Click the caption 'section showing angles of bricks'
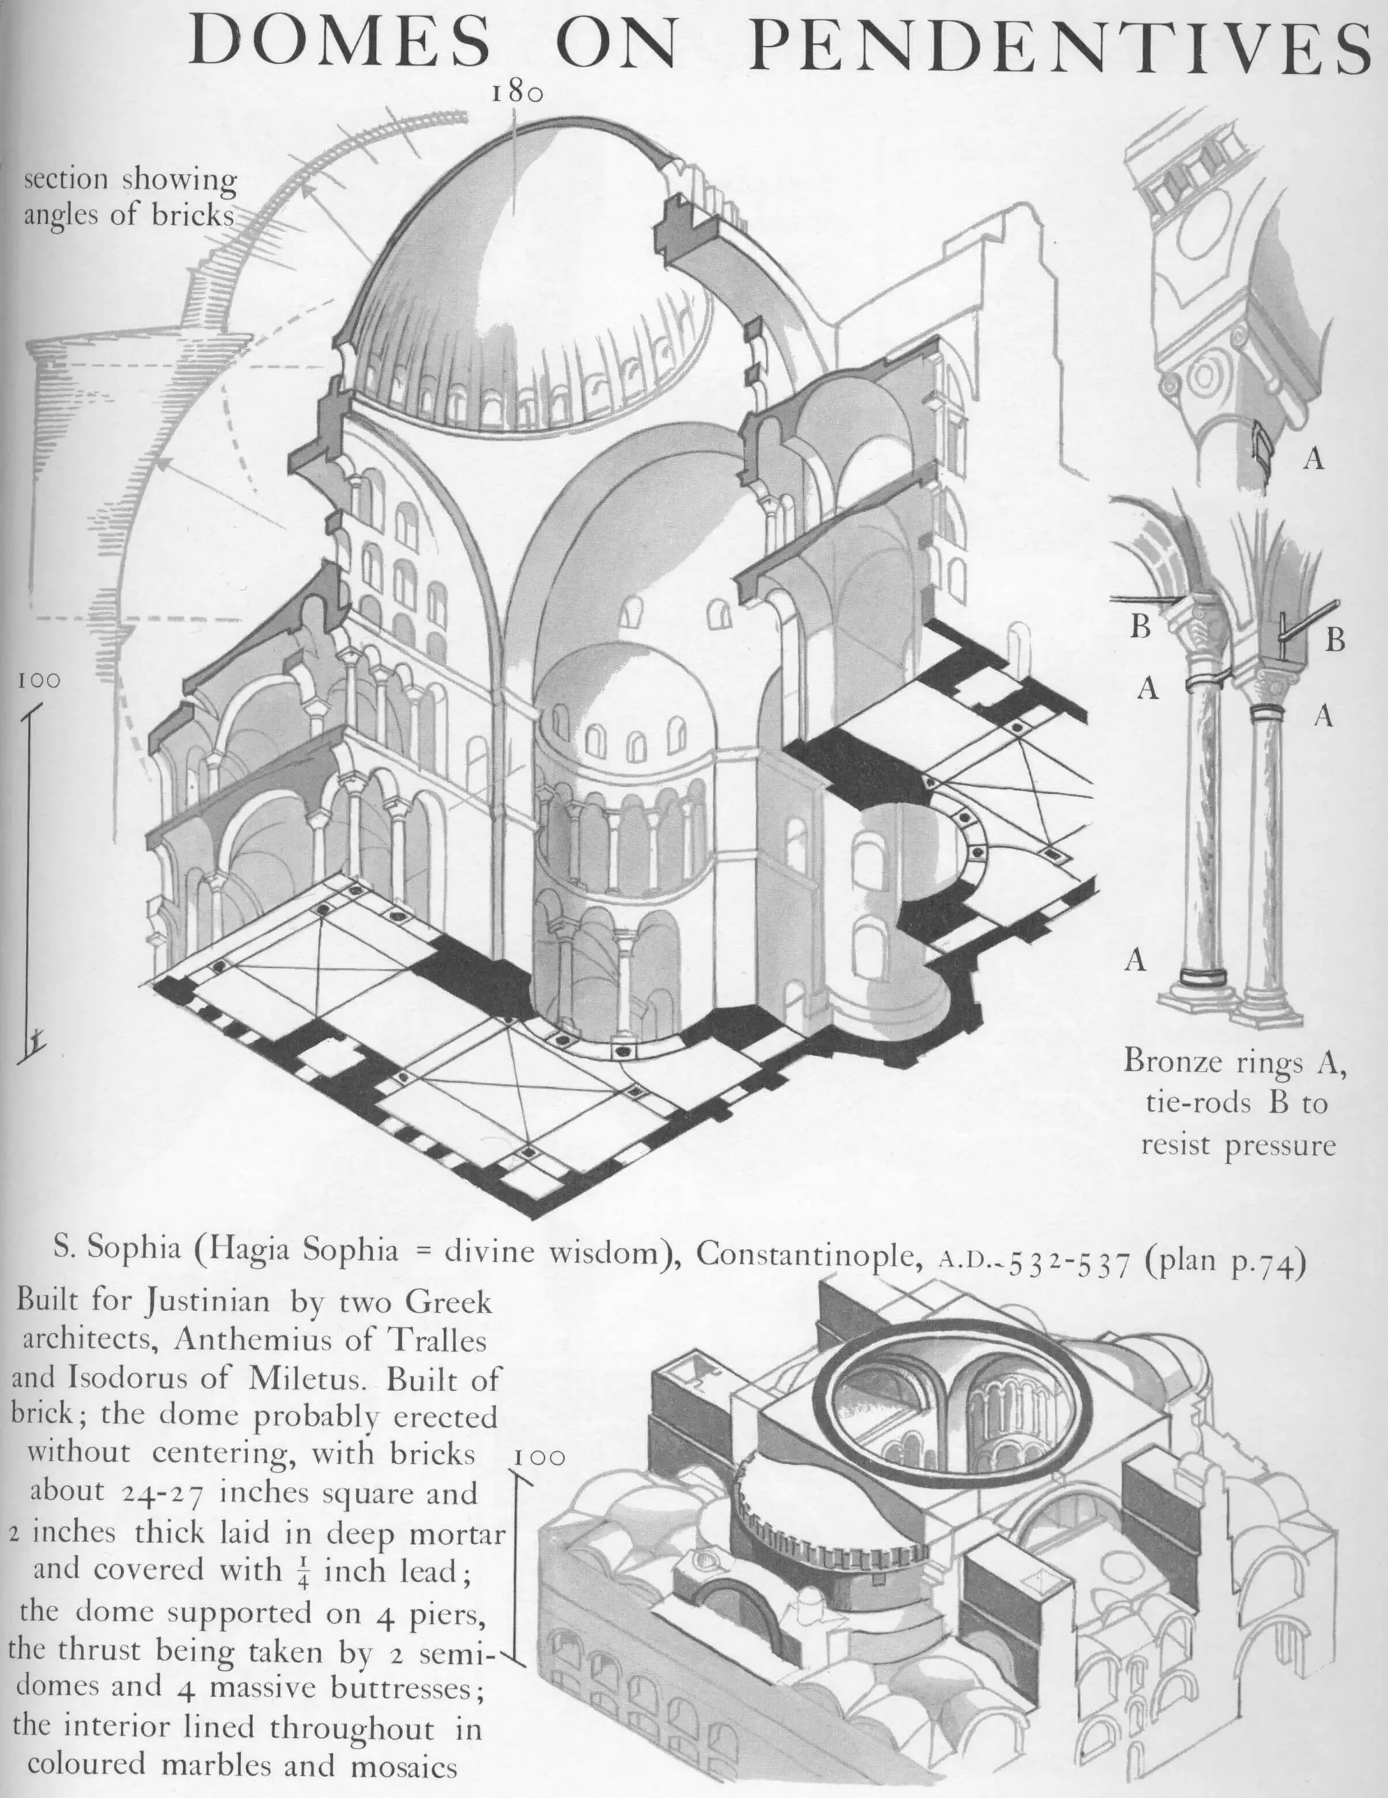(x=129, y=197)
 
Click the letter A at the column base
(x=1136, y=959)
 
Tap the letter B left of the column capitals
(x=1140, y=627)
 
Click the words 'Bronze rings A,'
(x=1235, y=1062)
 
